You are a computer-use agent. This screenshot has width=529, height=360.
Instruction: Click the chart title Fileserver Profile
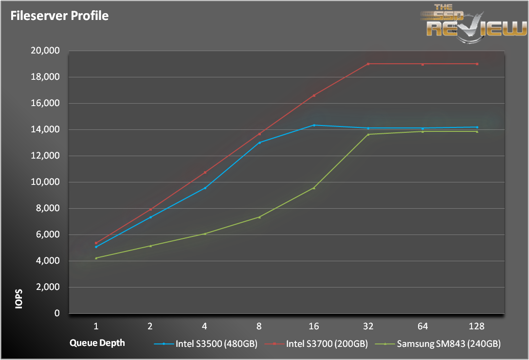coord(60,16)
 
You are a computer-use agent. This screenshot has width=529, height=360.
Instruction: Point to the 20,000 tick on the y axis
coord(45,51)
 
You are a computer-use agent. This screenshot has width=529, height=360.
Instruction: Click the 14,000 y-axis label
coord(45,129)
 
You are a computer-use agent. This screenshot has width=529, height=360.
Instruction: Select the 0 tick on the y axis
coord(57,313)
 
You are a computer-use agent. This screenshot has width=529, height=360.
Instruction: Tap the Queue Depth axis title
coord(97,342)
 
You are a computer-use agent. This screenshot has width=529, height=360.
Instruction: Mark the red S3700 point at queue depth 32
coord(368,64)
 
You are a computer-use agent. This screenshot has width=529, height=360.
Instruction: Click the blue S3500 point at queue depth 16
coord(314,125)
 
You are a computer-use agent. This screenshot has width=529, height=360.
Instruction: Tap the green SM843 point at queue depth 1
coord(96,258)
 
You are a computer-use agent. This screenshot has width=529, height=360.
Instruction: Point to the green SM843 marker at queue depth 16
coord(314,188)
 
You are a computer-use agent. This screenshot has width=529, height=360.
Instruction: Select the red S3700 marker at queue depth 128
coord(477,64)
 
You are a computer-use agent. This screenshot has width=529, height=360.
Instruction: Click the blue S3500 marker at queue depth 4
coord(205,188)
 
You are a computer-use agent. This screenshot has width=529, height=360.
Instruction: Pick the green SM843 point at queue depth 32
coord(368,134)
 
